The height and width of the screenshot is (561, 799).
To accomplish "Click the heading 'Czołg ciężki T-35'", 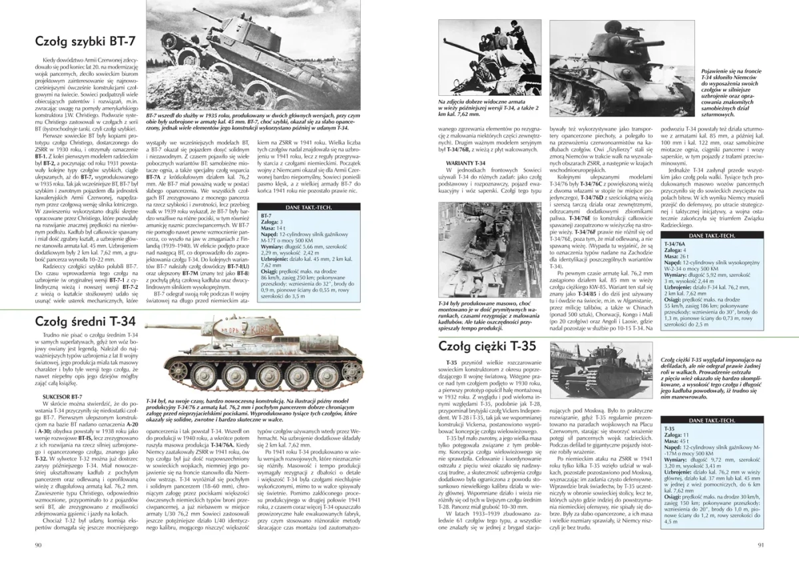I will point(487,346).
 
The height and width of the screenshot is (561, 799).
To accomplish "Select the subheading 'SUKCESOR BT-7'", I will point(53,397).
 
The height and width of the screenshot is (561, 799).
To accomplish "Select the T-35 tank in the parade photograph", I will point(599,373).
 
